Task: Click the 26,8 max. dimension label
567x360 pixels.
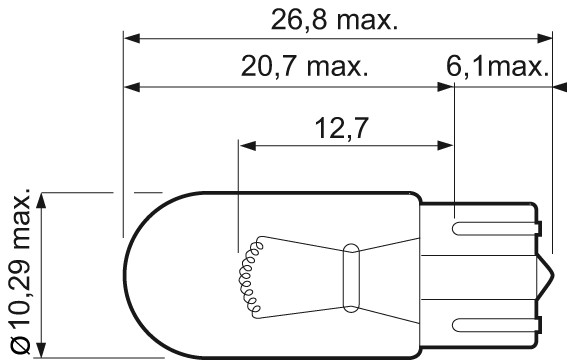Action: click(x=335, y=19)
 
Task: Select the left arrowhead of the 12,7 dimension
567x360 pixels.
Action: click(x=246, y=144)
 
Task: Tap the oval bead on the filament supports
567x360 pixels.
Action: click(x=350, y=271)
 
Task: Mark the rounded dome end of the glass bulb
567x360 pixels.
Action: click(x=125, y=272)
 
